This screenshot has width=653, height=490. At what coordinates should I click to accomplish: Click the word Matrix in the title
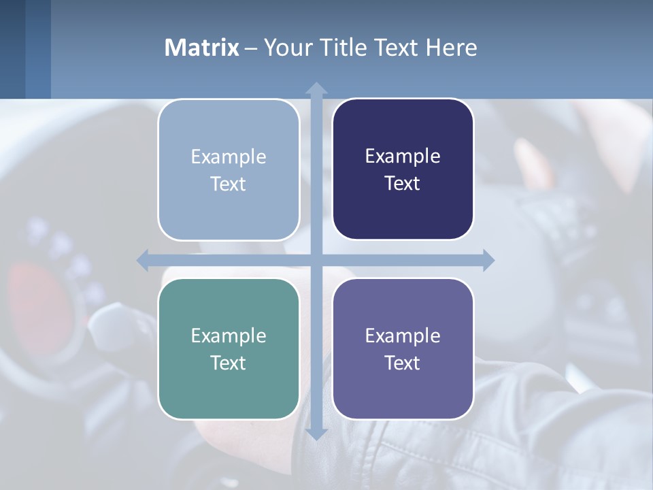tap(201, 48)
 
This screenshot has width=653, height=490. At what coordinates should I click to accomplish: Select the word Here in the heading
tap(451, 48)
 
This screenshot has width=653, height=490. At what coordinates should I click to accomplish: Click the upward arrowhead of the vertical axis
tap(316, 88)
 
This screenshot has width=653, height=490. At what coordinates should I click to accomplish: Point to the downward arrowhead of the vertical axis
tap(316, 434)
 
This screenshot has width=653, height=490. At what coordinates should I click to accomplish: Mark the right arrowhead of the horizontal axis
tap(488, 260)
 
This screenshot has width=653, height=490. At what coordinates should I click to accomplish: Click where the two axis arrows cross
tap(316, 260)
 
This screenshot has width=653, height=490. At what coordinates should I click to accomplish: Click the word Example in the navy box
tap(403, 156)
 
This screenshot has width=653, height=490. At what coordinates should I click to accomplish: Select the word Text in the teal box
tap(228, 363)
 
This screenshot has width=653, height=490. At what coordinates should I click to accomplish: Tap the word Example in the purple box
tap(403, 336)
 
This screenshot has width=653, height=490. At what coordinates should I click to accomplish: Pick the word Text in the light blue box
tap(228, 184)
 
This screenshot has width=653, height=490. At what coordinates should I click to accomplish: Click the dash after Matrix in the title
tap(251, 48)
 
